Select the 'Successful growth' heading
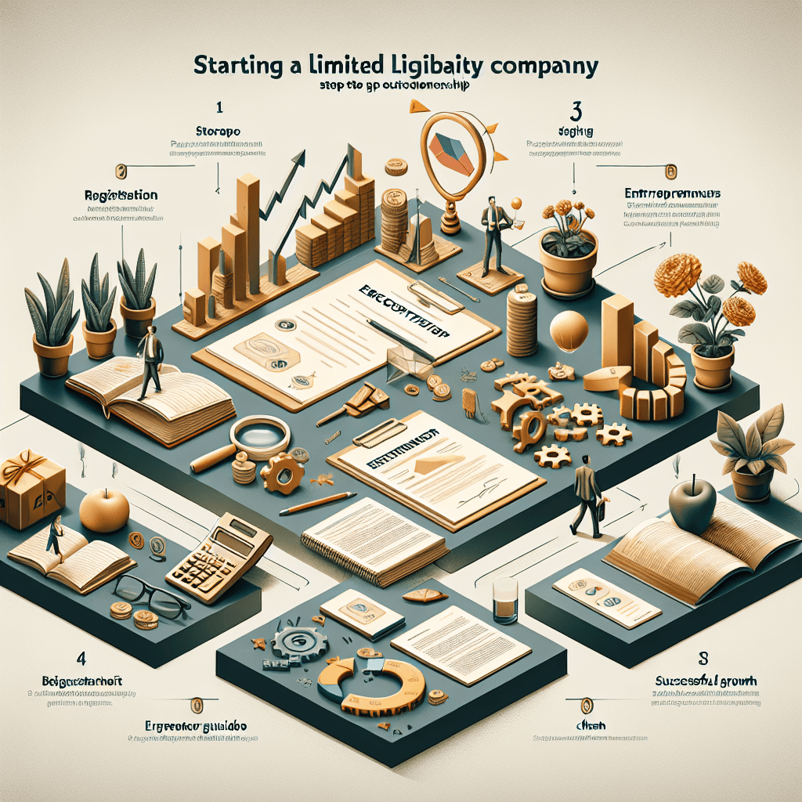point(706,681)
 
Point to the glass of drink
point(505,600)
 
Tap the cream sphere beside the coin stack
point(567,330)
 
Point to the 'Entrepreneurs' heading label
point(673,193)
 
